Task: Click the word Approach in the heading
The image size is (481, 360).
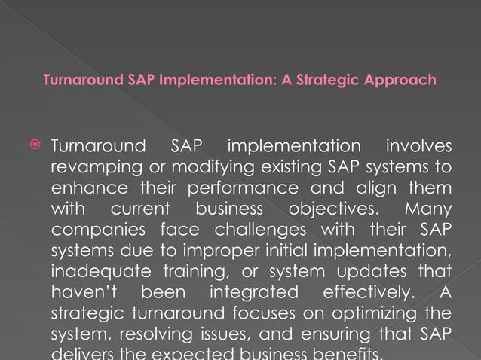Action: coord(398,80)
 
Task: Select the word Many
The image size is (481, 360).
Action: coord(428,208)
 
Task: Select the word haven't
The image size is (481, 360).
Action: coord(81,291)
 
